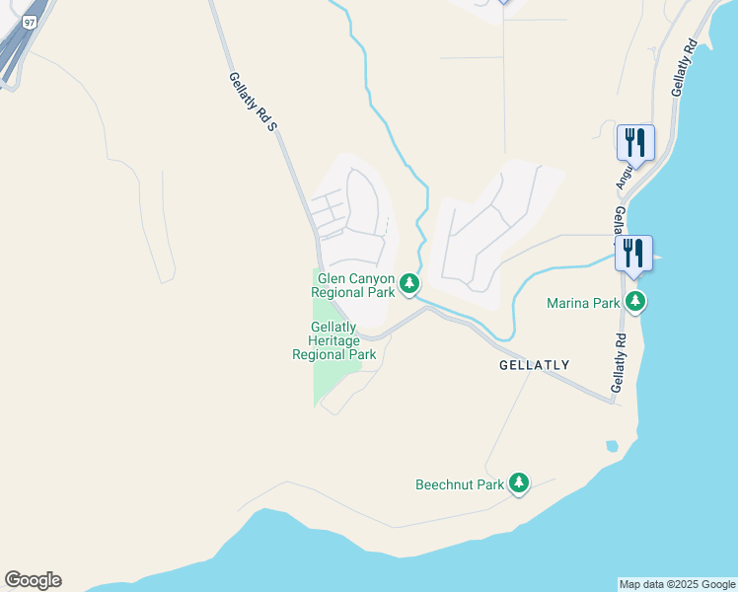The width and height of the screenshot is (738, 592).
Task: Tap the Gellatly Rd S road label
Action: pyautogui.click(x=251, y=104)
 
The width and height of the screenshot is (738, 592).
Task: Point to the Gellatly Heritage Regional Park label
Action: pyautogui.click(x=333, y=340)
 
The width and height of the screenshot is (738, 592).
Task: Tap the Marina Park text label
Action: pyautogui.click(x=583, y=303)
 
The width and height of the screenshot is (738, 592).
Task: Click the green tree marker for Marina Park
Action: pyautogui.click(x=636, y=302)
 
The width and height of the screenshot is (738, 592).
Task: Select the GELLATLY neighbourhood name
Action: pyautogui.click(x=534, y=365)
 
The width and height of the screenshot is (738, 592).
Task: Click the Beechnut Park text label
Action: pyautogui.click(x=460, y=484)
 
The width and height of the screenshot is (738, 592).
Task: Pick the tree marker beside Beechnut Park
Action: pyautogui.click(x=518, y=483)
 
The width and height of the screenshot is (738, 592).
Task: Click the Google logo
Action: pyautogui.click(x=33, y=580)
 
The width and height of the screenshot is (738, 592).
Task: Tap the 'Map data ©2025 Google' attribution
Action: pyautogui.click(x=677, y=584)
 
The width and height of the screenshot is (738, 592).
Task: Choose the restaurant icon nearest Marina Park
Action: pyautogui.click(x=634, y=253)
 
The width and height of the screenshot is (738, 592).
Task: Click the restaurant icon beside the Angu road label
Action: pyautogui.click(x=634, y=142)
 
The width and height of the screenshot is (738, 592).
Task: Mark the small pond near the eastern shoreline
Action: pyautogui.click(x=612, y=446)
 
